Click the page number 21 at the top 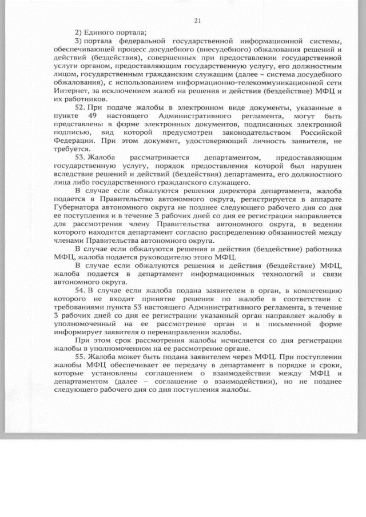197,21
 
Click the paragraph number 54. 81,291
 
